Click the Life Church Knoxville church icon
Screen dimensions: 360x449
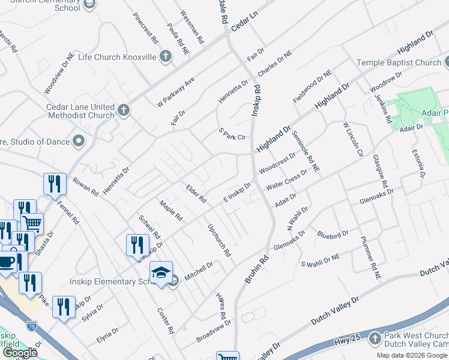[166, 56]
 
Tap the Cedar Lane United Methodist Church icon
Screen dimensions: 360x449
[124, 110]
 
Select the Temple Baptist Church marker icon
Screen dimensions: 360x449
[445, 62]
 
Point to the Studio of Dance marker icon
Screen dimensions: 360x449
[79, 142]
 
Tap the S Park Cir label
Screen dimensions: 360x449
[232, 137]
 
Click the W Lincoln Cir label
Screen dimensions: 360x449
[353, 140]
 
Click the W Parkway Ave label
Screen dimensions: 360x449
[176, 92]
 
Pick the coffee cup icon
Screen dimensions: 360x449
[7, 262]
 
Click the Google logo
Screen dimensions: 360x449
[20, 353]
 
